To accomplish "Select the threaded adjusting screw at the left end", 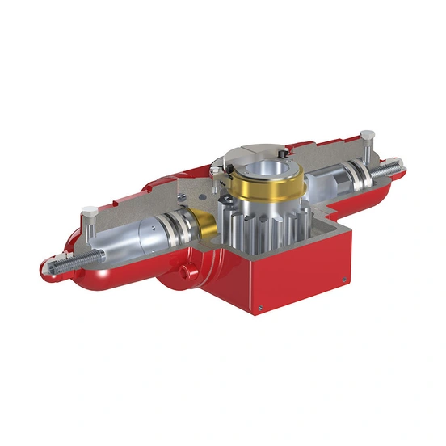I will pyautogui.click(x=61, y=263).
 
